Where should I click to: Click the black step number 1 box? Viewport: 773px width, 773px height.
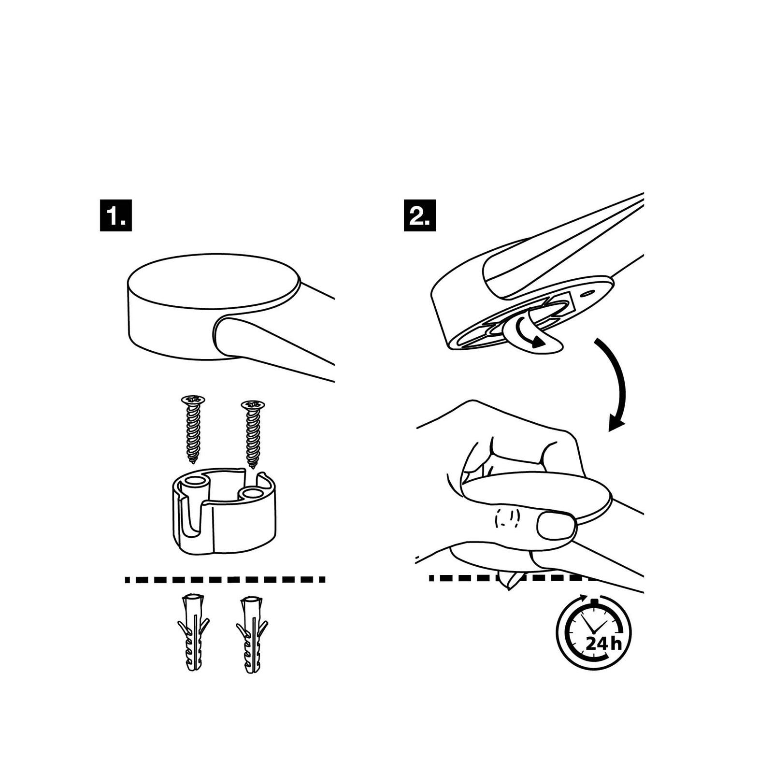[116, 215]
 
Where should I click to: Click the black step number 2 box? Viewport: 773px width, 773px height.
[419, 215]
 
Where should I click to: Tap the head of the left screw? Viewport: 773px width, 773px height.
[193, 400]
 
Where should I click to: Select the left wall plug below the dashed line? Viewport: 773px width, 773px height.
[194, 633]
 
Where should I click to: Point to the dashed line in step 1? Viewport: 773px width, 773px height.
[225, 579]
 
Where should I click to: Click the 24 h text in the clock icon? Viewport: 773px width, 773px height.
[603, 644]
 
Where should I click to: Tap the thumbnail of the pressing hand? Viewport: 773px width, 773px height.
[557, 526]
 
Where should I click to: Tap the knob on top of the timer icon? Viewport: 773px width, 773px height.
[594, 601]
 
